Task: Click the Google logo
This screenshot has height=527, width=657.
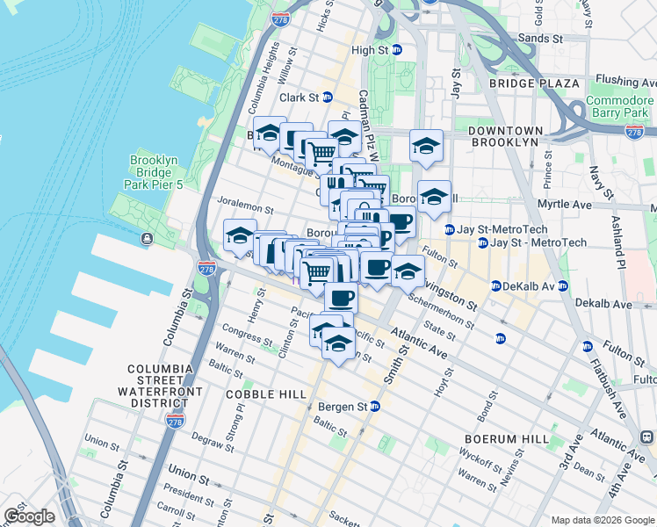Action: tap(29, 516)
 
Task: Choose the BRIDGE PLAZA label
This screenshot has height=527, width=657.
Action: tap(535, 83)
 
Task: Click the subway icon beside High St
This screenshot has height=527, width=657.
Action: tap(396, 50)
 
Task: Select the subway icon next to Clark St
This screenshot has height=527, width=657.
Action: tap(328, 97)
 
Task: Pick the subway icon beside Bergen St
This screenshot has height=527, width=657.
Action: tap(375, 407)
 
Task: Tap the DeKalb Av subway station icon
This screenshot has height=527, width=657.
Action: tap(495, 286)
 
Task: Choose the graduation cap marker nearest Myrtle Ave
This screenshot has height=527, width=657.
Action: tap(433, 198)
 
